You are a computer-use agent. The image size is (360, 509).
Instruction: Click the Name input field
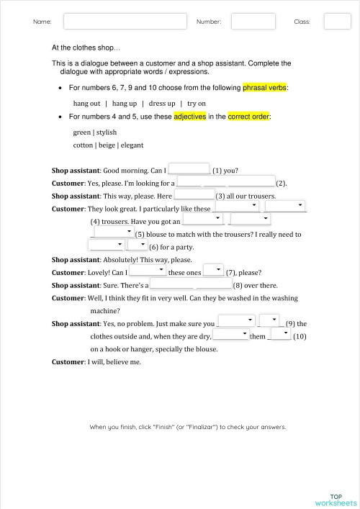121,22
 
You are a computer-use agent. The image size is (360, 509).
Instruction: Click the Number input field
253,22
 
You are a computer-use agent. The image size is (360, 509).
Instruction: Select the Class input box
337,22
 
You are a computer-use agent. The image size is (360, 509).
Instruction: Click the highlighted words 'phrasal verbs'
265,88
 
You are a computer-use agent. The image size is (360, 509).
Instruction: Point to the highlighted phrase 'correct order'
249,116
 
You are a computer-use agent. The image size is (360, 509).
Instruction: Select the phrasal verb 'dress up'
162,103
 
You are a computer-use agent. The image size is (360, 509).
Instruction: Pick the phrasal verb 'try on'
197,103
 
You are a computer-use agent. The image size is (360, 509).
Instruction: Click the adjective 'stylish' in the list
107,132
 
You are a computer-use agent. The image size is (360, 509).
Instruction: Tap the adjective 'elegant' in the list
132,145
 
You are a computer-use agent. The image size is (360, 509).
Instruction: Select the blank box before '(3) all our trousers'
194,194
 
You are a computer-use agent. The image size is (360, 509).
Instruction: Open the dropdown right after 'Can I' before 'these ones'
148,271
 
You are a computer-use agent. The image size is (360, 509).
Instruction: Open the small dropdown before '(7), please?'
213,271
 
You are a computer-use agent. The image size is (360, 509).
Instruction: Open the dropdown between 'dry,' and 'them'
230,335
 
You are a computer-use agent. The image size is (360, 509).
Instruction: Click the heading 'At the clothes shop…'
86,48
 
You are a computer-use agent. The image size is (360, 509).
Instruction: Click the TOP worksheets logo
336,500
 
